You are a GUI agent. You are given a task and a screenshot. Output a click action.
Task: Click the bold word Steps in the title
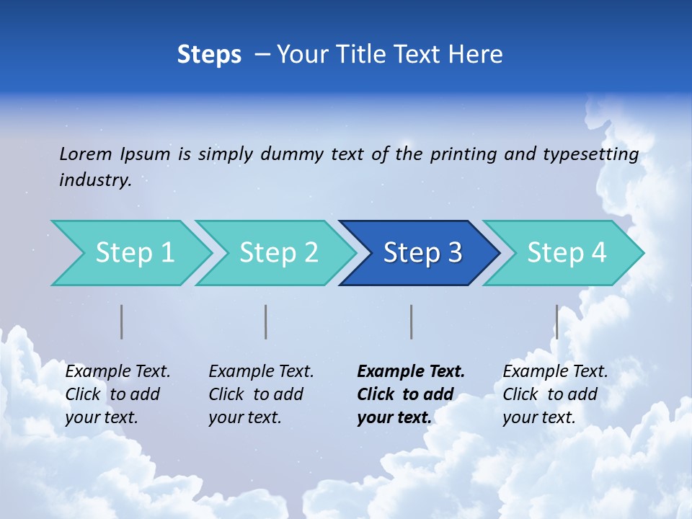click(209, 55)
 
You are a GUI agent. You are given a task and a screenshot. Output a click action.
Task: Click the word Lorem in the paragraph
click(86, 154)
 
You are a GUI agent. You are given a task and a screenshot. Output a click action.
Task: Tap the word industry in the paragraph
click(95, 179)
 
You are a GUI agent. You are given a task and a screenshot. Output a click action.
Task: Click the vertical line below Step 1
click(122, 321)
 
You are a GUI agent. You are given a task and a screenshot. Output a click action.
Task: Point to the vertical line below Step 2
click(266, 321)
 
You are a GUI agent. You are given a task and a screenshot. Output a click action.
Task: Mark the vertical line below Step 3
click(411, 321)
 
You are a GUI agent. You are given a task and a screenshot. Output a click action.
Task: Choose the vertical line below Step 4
click(556, 321)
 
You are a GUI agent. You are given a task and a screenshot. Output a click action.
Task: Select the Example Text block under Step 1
click(117, 394)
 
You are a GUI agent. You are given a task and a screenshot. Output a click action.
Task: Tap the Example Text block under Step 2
click(261, 394)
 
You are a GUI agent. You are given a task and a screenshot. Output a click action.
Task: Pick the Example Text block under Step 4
click(555, 394)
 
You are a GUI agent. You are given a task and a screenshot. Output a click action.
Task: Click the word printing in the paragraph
click(463, 154)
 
